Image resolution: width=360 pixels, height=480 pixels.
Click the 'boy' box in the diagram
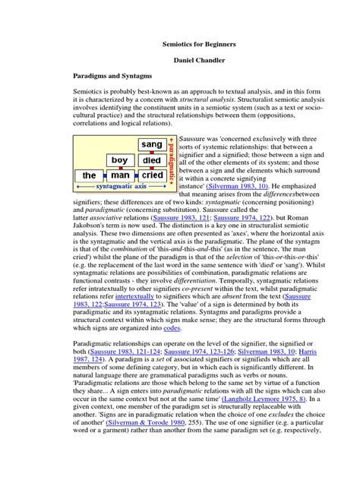coord(119,160)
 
